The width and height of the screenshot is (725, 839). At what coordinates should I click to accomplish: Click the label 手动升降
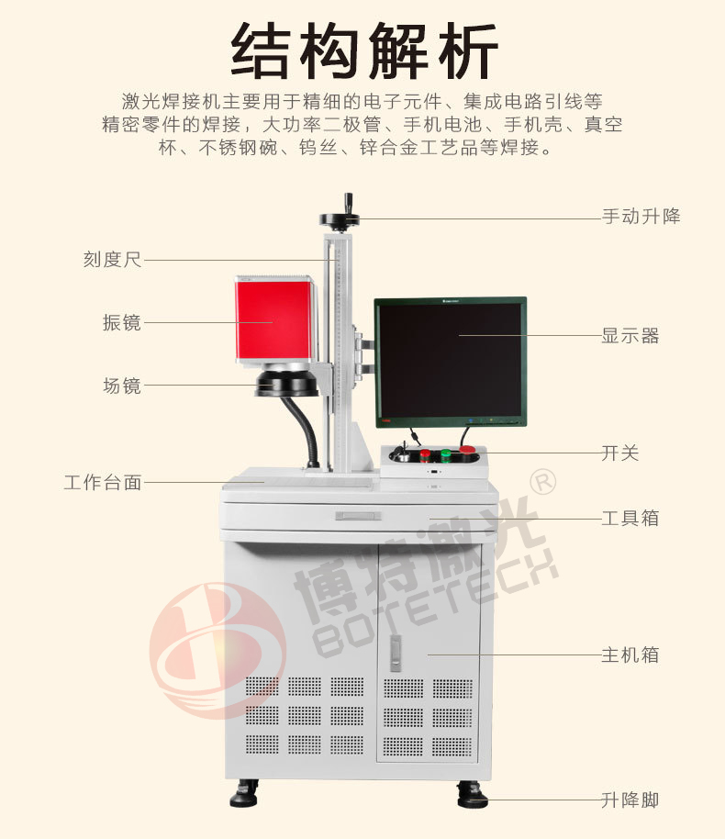click(641, 218)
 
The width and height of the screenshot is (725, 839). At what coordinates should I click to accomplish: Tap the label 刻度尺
click(112, 259)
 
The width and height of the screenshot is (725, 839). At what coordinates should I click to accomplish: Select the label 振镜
click(122, 322)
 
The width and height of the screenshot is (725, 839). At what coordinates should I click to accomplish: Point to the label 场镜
click(122, 386)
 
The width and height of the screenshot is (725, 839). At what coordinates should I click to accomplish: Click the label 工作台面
click(103, 482)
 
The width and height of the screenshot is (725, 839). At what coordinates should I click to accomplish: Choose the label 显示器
click(630, 336)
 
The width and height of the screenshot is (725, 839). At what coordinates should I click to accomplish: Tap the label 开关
click(620, 453)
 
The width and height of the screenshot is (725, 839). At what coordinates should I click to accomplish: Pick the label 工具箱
click(630, 518)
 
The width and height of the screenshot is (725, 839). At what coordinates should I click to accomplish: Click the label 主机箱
click(630, 655)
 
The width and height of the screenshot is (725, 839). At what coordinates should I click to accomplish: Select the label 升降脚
click(630, 800)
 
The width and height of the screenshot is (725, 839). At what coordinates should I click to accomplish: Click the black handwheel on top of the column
click(339, 218)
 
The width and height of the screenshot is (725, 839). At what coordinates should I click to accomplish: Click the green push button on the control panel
click(446, 454)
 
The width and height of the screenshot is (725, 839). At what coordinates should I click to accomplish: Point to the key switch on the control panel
click(403, 455)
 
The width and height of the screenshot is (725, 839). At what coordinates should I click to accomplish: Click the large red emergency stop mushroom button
click(468, 451)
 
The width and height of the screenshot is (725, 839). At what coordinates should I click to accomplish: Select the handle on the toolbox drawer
click(358, 516)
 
